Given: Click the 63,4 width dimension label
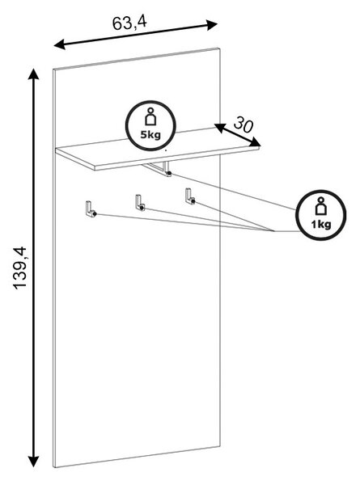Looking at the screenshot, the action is [129, 23].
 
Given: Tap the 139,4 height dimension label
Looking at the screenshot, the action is [20, 268].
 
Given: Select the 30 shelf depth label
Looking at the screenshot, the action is [244, 124].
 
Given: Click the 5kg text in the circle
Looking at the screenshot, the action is [150, 135].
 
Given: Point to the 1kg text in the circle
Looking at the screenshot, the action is [321, 224].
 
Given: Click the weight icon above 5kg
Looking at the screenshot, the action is [150, 116].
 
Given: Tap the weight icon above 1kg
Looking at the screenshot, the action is [321, 206].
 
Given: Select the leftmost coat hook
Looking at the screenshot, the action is [91, 209].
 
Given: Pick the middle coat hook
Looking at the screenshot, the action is [140, 203].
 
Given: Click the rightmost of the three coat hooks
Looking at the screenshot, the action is [190, 196].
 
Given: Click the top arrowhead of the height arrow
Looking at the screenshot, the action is [33, 75].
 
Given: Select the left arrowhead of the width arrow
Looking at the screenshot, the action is [60, 44].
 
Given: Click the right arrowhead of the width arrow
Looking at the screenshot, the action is [212, 25].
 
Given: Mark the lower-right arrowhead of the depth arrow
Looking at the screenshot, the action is [256, 141].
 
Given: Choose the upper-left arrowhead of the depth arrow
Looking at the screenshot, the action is [219, 128].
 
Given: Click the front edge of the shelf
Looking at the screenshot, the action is [176, 159].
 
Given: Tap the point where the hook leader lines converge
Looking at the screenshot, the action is [274, 231].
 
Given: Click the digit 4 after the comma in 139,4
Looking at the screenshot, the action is [20, 251].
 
